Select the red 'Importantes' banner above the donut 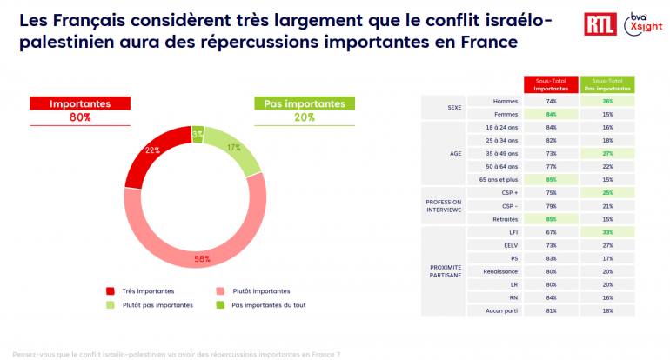(80, 103)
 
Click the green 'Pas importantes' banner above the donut (305, 103)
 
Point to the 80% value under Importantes (80, 118)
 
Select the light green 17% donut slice (237, 150)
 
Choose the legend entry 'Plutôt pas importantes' (149, 304)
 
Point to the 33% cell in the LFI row (606, 232)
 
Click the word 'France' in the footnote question (318, 355)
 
